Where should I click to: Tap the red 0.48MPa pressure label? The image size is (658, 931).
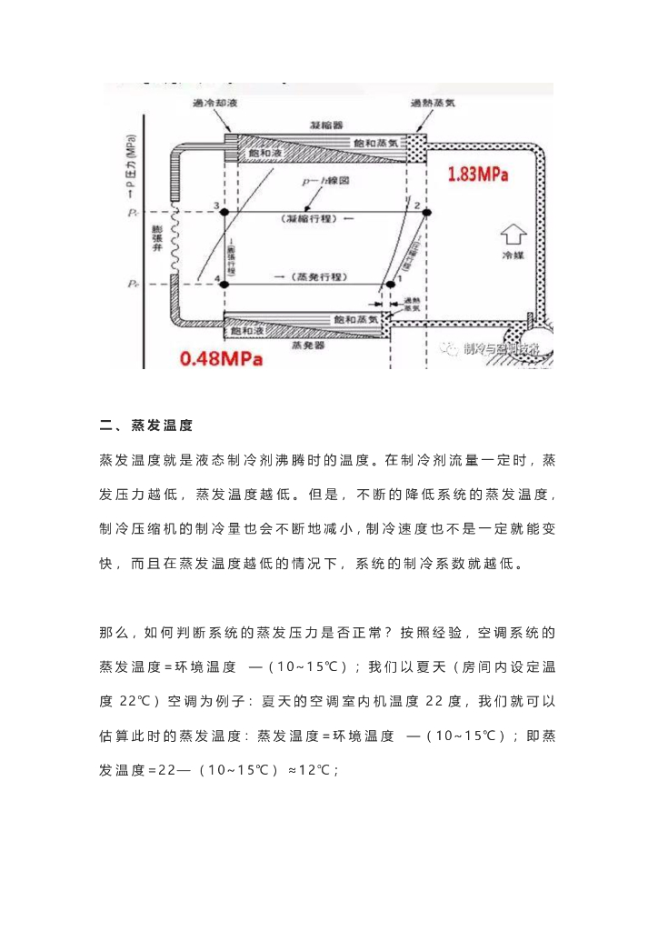(x=222, y=358)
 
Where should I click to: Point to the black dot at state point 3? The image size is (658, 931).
(x=224, y=212)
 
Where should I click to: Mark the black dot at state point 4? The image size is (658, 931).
(x=224, y=285)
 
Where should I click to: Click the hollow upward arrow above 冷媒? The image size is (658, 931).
(x=513, y=238)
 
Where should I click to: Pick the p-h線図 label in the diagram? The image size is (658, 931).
(x=326, y=181)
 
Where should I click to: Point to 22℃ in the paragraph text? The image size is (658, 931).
(x=138, y=702)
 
